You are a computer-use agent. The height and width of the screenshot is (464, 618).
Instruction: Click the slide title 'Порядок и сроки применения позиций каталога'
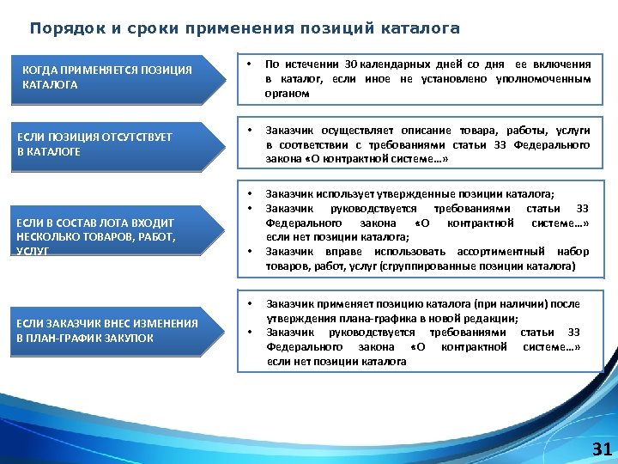coord(245,28)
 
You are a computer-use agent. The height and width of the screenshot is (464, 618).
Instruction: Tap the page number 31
coord(602,449)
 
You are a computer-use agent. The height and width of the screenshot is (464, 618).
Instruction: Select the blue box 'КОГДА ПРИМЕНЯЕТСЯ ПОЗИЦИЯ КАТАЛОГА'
coord(116,77)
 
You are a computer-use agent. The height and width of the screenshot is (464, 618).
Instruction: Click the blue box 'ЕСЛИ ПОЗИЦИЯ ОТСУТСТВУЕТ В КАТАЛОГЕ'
coord(116,144)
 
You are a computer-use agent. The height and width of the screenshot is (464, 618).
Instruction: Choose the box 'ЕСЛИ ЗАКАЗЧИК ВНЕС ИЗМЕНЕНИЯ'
coord(116,331)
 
